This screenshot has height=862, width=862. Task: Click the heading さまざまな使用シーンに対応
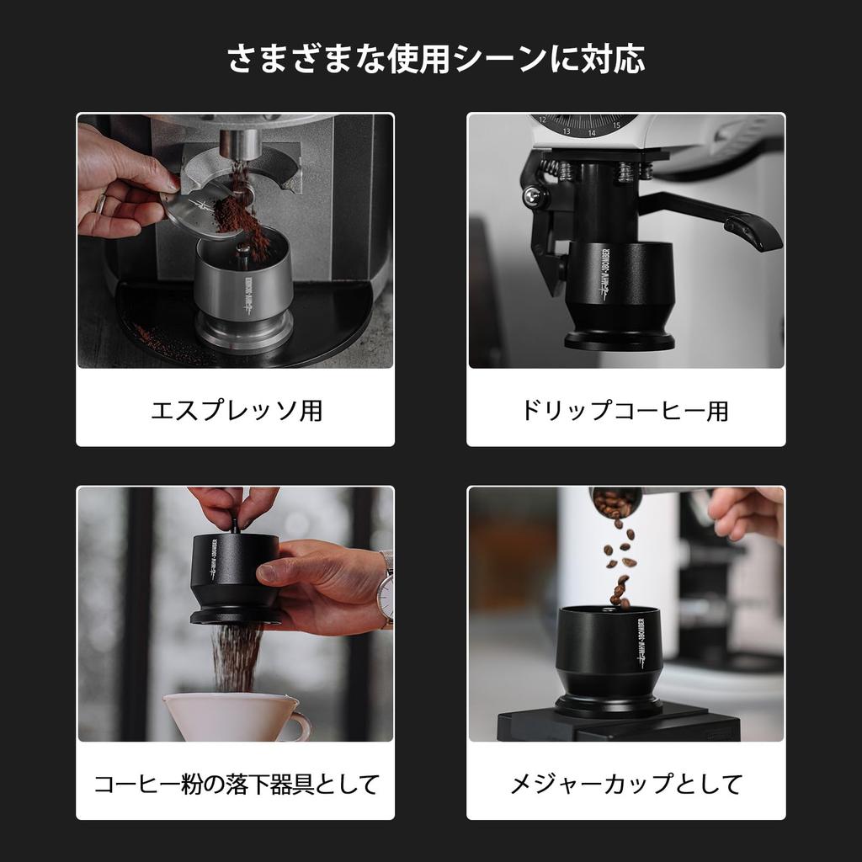click(436, 59)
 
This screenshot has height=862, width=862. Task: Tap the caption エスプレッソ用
click(237, 411)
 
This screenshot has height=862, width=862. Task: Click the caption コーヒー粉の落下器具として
click(237, 785)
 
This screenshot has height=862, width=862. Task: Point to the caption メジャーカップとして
click(626, 785)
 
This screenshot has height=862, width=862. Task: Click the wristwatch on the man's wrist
click(386, 593)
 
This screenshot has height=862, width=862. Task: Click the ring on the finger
click(100, 204)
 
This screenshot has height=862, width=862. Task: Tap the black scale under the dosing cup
click(619, 726)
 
